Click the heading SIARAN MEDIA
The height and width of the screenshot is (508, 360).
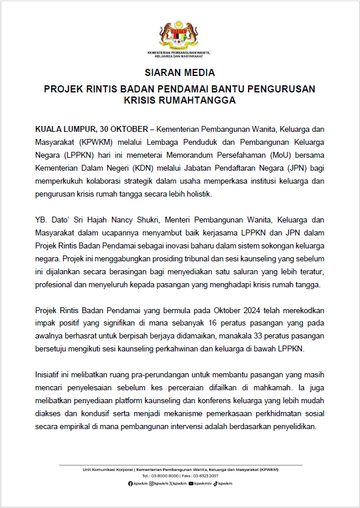click(180, 74)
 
